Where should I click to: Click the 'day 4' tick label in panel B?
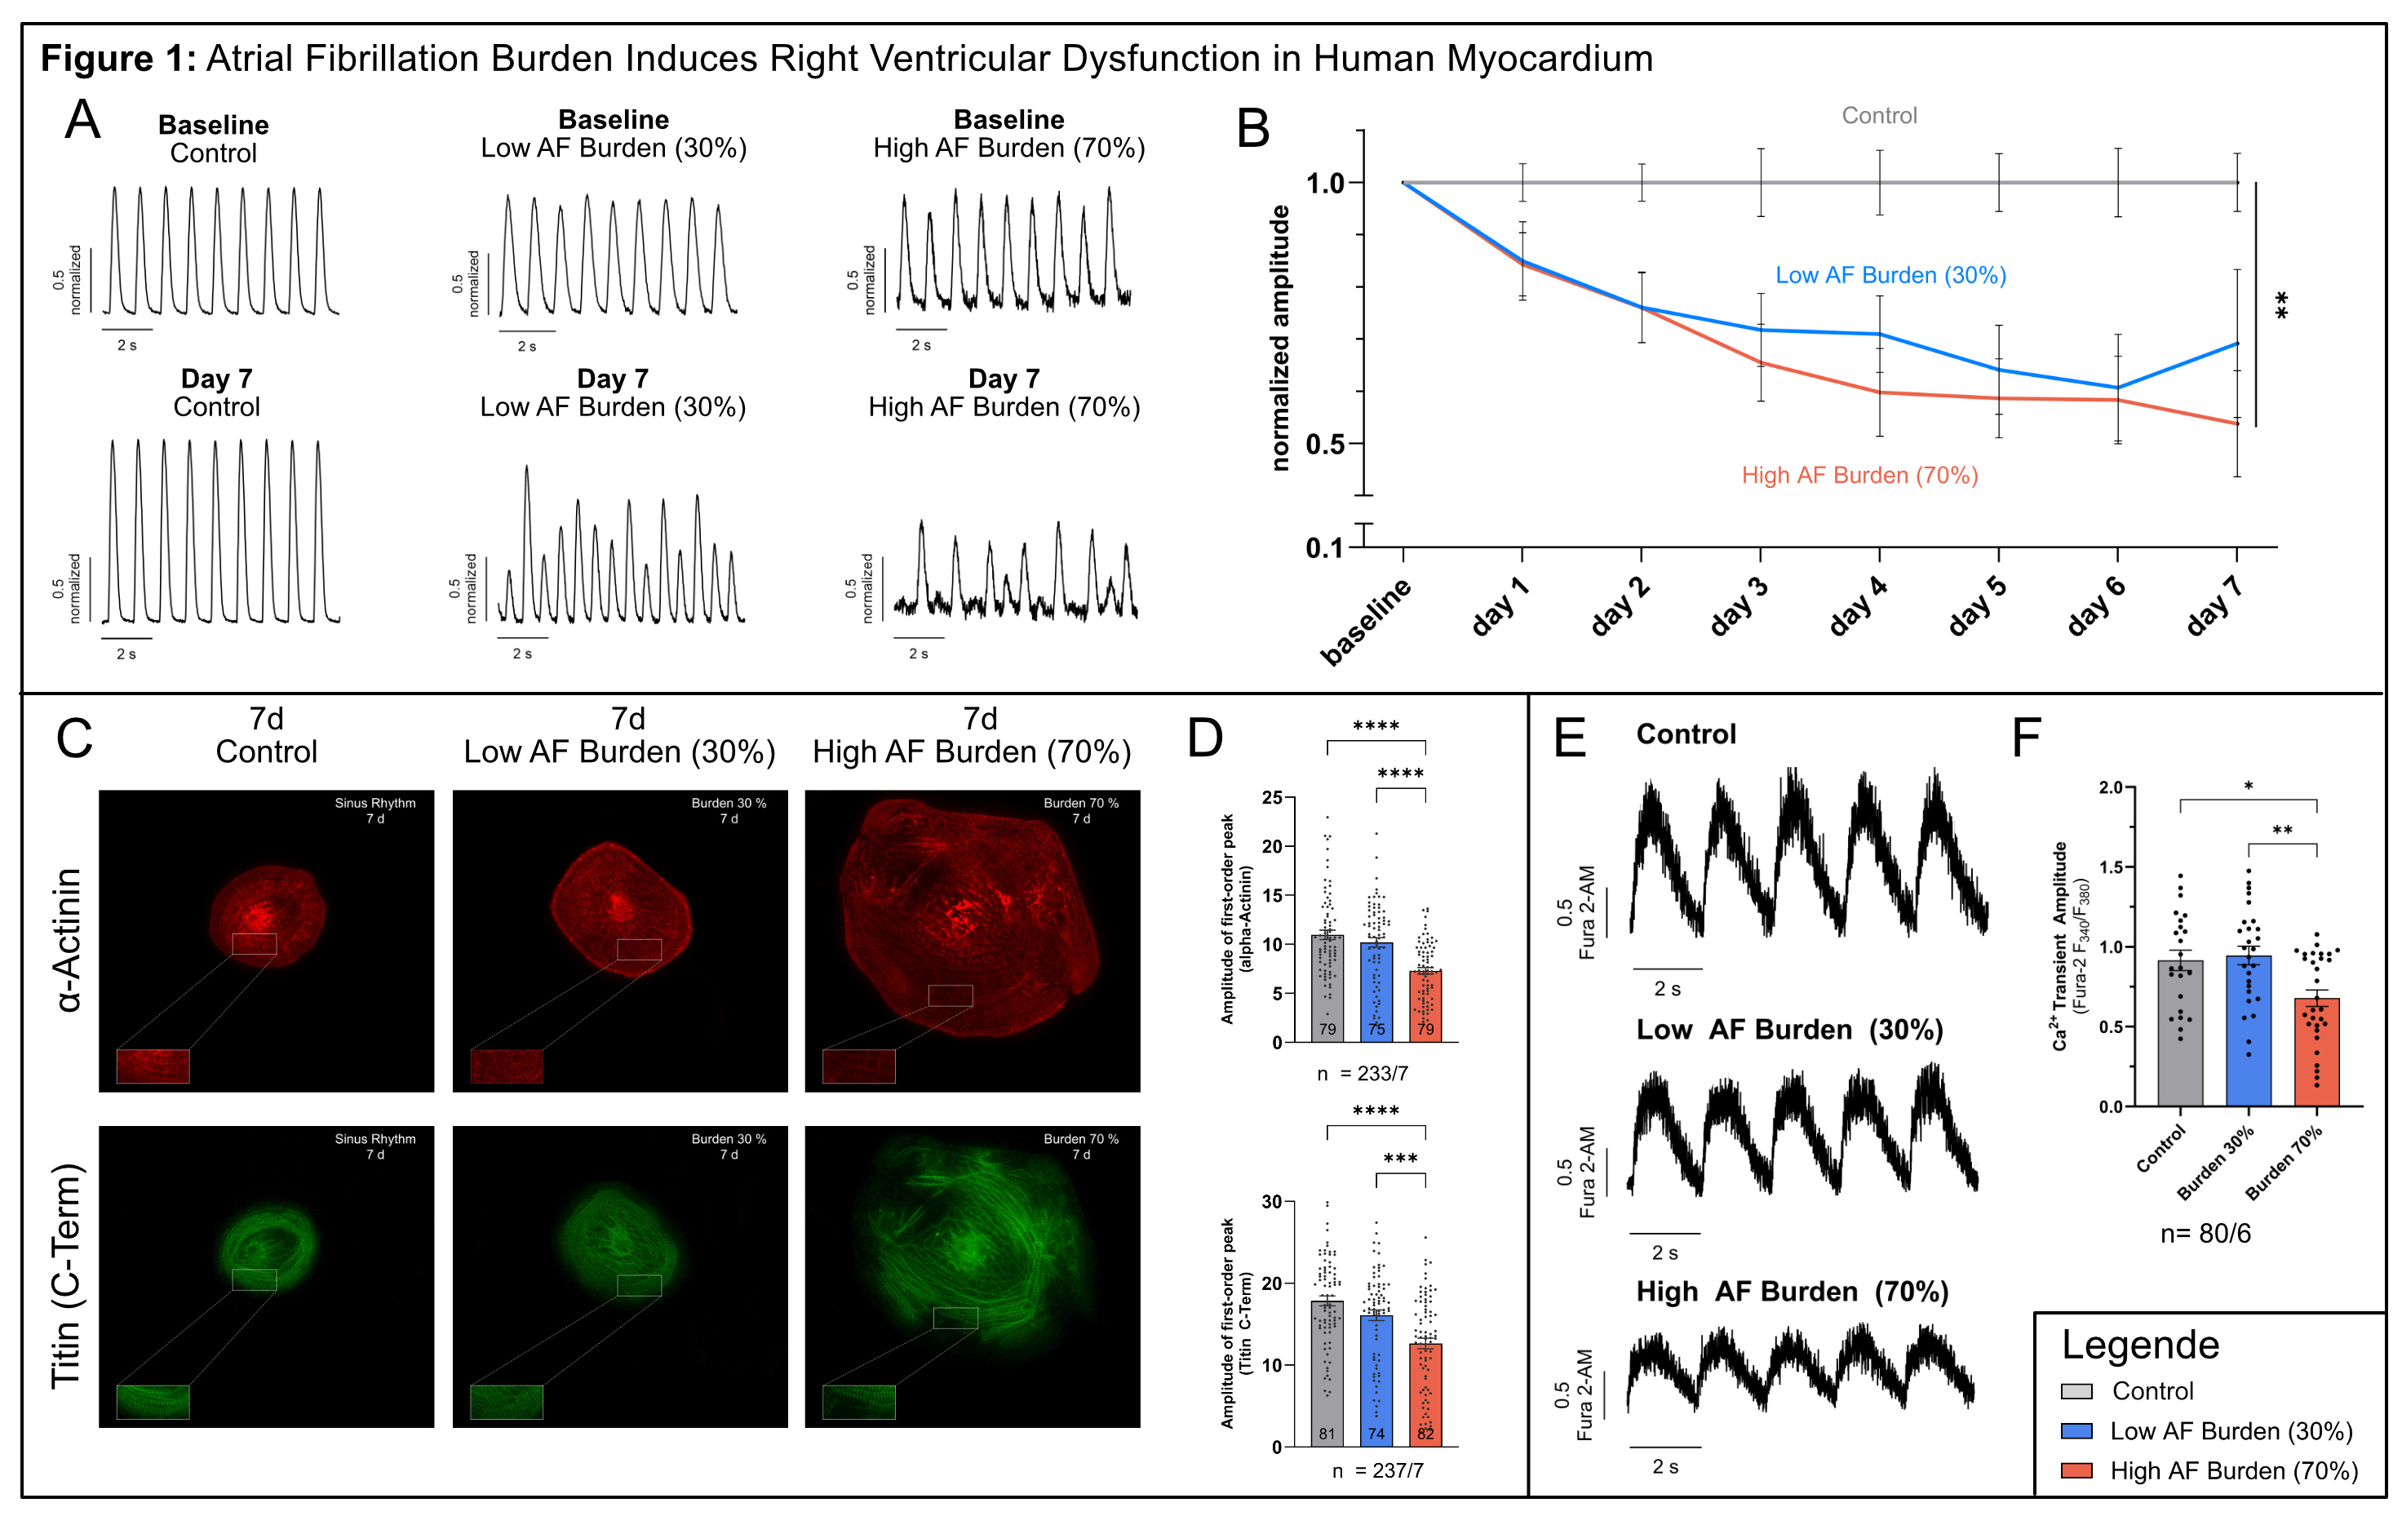point(1857,605)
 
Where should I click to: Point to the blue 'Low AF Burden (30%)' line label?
point(1890,275)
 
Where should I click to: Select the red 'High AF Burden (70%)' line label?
point(1859,476)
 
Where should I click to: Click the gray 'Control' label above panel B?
point(1879,116)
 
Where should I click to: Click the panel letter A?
point(82,120)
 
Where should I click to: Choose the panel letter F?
point(2025,738)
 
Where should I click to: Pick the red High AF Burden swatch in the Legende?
point(2076,1470)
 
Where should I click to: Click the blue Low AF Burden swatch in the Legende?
point(2076,1430)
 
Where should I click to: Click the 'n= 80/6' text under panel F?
point(2205,1234)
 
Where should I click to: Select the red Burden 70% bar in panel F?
point(2316,1053)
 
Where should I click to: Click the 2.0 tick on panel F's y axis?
point(2110,788)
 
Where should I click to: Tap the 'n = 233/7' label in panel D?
point(1362,1074)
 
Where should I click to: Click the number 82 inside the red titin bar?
point(1425,1434)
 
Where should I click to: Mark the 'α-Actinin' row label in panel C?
point(68,939)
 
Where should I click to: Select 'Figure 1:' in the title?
point(117,59)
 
